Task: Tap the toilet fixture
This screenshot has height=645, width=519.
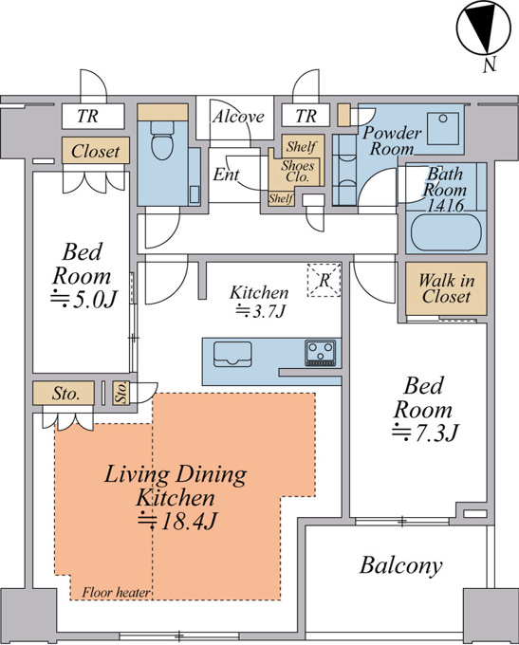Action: pyautogui.click(x=161, y=139)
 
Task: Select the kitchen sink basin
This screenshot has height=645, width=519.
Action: pyautogui.click(x=232, y=354)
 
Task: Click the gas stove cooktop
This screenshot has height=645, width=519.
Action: pyautogui.click(x=320, y=353)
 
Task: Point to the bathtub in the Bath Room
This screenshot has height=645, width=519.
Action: pyautogui.click(x=446, y=232)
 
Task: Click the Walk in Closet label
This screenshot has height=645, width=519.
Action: pyautogui.click(x=446, y=288)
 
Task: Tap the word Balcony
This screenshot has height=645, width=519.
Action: pyautogui.click(x=401, y=565)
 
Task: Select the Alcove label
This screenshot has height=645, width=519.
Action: pyautogui.click(x=238, y=117)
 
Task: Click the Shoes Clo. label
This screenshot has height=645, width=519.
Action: pyautogui.click(x=298, y=171)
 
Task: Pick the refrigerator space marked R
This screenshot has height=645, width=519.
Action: pyautogui.click(x=324, y=280)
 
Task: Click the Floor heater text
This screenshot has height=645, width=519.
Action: pyautogui.click(x=116, y=592)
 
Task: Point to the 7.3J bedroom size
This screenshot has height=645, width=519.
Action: pyautogui.click(x=425, y=433)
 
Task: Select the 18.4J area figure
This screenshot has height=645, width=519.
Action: pyautogui.click(x=176, y=522)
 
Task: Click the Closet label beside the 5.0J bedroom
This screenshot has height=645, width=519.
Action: pyautogui.click(x=96, y=151)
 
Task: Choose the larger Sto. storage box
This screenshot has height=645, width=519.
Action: pyautogui.click(x=64, y=394)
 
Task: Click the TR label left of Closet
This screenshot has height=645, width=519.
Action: pyautogui.click(x=87, y=117)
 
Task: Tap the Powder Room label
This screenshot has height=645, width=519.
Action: pyautogui.click(x=392, y=140)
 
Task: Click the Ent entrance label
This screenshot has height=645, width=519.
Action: pyautogui.click(x=226, y=175)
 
